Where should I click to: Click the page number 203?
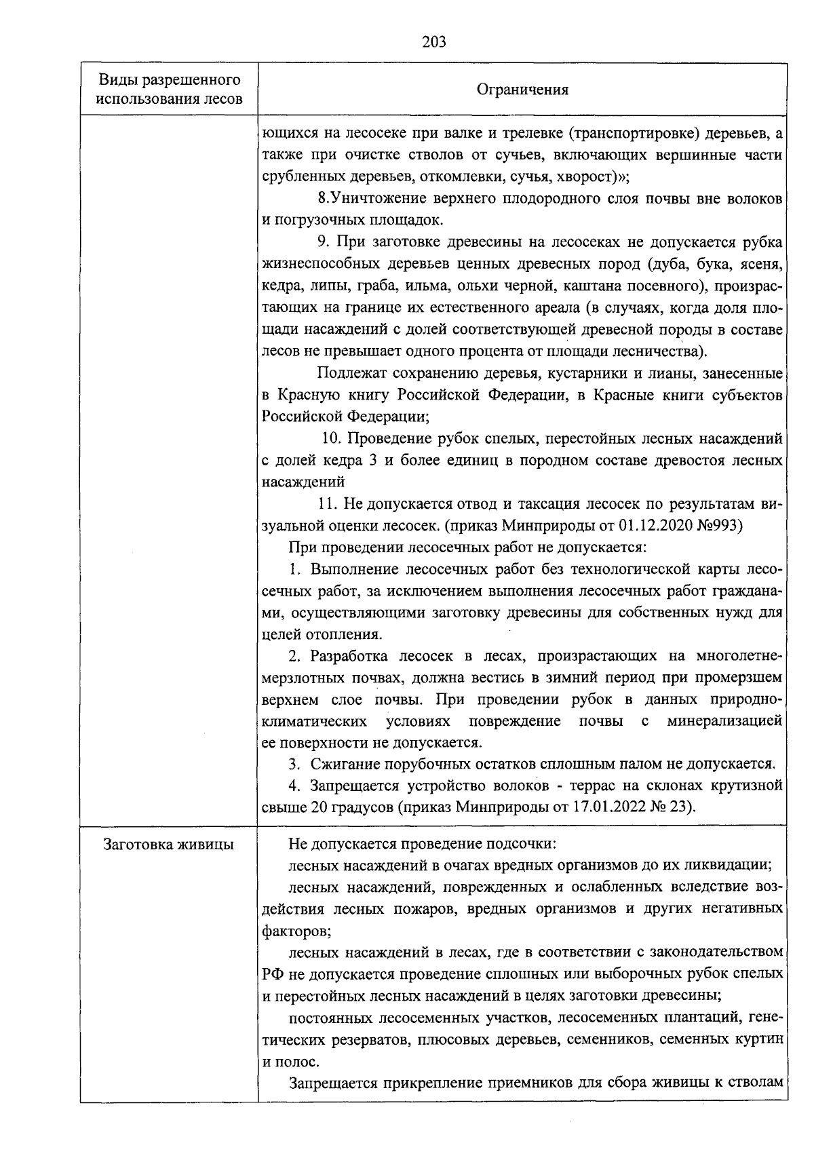click(x=434, y=42)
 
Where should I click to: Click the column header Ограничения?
click(x=522, y=90)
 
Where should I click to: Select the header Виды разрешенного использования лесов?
click(x=170, y=90)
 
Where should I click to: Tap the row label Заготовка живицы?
click(x=168, y=845)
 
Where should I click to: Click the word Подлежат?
click(x=345, y=373)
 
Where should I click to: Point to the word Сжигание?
click(x=343, y=764)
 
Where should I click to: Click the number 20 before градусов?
click(x=319, y=807)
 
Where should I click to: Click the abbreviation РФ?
click(x=273, y=975)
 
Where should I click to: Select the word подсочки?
click(x=522, y=845)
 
